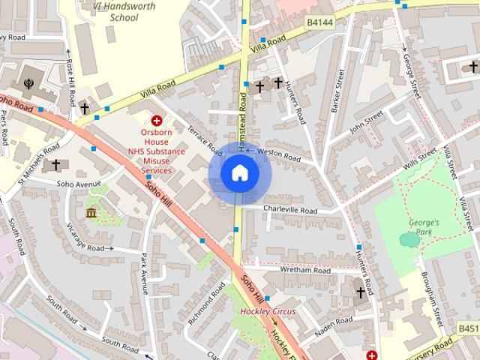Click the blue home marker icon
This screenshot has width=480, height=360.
pyautogui.click(x=239, y=173)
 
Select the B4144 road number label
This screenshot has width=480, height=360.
pyautogui.click(x=319, y=24)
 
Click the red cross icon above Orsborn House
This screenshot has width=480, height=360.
pyautogui.click(x=157, y=120)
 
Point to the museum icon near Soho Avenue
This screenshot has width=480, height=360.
pyautogui.click(x=91, y=214)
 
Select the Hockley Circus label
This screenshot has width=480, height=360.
pyautogui.click(x=268, y=311)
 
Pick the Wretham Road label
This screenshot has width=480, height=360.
pyautogui.click(x=305, y=270)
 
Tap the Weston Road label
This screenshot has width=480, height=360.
pyautogui.click(x=278, y=155)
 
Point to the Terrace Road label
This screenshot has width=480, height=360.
pyautogui.click(x=205, y=139)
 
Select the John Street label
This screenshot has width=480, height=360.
pyautogui.click(x=367, y=119)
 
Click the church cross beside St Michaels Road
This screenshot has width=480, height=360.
pyautogui.click(x=55, y=163)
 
